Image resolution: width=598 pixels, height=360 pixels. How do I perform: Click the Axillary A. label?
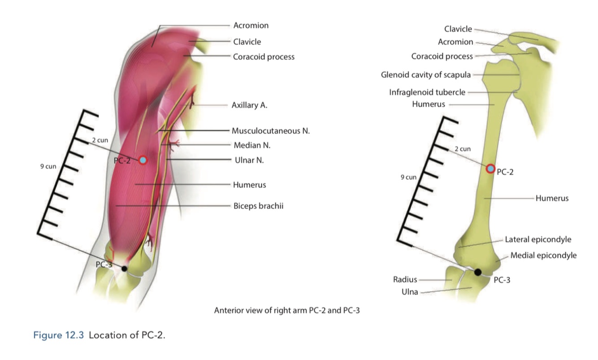[249, 105]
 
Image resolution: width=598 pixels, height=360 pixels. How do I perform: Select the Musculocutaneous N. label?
[271, 131]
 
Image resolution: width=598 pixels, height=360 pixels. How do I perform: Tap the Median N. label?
[252, 145]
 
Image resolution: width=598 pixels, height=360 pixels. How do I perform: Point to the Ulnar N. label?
[249, 160]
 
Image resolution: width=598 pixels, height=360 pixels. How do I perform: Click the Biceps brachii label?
[258, 206]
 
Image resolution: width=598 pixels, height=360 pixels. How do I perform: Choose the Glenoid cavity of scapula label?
[425, 75]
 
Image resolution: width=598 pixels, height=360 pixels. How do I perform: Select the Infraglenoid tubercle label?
[427, 92]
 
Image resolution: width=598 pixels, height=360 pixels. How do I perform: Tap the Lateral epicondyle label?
[538, 239]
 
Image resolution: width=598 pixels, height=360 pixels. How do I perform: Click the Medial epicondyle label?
[543, 255]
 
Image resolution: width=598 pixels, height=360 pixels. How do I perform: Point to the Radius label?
[405, 280]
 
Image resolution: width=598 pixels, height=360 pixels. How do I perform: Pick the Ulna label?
[410, 292]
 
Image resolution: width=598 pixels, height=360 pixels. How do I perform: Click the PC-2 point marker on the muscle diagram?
[143, 160]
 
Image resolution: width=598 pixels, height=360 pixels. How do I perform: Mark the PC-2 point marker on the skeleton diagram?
[491, 169]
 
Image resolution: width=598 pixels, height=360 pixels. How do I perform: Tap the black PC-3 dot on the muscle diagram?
[124, 269]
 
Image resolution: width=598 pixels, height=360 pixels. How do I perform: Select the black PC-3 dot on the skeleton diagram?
[478, 272]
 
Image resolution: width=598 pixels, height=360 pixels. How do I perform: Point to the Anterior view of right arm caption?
[287, 310]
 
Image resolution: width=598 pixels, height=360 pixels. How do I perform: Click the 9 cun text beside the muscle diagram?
[48, 166]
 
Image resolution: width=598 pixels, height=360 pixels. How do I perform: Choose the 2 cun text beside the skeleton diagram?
[463, 149]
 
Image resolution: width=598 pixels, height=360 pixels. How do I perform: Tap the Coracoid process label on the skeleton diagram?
[442, 56]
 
